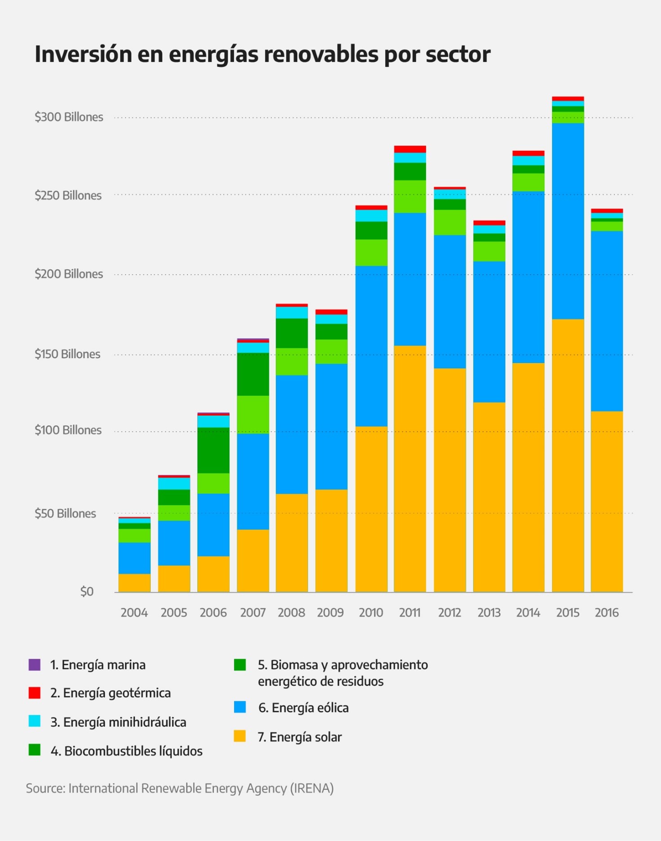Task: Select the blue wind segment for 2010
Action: pos(371,346)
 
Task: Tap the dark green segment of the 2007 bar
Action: pos(253,374)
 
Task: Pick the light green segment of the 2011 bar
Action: pos(410,196)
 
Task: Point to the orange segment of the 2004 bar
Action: pos(134,582)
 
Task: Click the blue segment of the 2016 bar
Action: pos(607,321)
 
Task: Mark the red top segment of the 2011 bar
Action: pos(410,149)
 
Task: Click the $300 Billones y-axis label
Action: pos(69,117)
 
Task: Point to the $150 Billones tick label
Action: pos(67,354)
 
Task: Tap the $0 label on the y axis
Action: pos(87,592)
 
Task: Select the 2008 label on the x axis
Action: pos(291,613)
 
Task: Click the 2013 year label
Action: pos(489,613)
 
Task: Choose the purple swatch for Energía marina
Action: pos(35,665)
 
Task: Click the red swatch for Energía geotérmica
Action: pos(35,693)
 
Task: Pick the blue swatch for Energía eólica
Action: pos(240,707)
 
